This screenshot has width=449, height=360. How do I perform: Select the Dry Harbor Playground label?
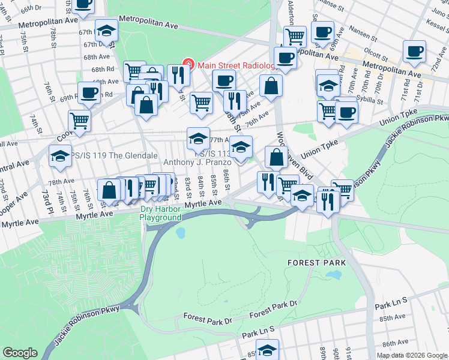tap(160, 213)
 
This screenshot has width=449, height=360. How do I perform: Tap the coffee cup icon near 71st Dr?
tap(414, 52)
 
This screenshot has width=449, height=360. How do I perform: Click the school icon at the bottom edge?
tap(267, 350)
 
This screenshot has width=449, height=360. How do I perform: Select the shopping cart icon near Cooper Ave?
tap(79, 120)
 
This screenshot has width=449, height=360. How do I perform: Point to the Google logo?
tap(20, 353)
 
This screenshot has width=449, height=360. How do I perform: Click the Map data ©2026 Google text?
tap(412, 355)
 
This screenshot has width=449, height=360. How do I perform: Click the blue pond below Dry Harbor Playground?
tap(181, 232)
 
